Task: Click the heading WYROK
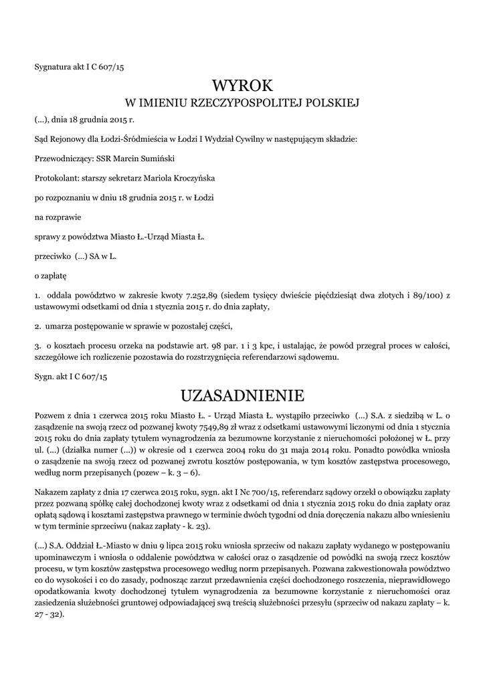[242, 85]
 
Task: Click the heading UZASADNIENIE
[242, 393]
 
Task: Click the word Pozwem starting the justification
[50, 415]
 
